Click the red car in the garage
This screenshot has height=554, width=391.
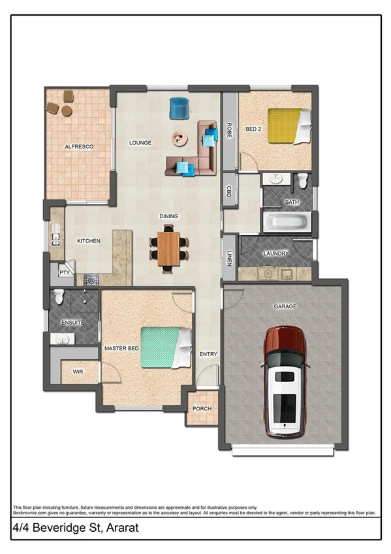tap(285, 382)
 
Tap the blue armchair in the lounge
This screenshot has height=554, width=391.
tap(179, 108)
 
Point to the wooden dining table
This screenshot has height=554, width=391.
tap(169, 248)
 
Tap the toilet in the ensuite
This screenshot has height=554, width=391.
tap(59, 297)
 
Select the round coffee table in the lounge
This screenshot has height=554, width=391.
tap(179, 138)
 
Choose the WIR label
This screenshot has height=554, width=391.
tap(78, 371)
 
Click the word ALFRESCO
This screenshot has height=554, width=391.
tap(79, 147)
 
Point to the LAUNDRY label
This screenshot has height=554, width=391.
tap(276, 253)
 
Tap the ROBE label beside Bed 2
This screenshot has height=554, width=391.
tap(230, 130)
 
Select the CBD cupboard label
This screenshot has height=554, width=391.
tap(229, 191)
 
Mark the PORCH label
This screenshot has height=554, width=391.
tap(202, 408)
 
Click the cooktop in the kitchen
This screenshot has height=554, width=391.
tap(91, 280)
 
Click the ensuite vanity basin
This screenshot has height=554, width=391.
tap(63, 338)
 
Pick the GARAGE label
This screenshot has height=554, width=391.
tap(285, 306)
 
